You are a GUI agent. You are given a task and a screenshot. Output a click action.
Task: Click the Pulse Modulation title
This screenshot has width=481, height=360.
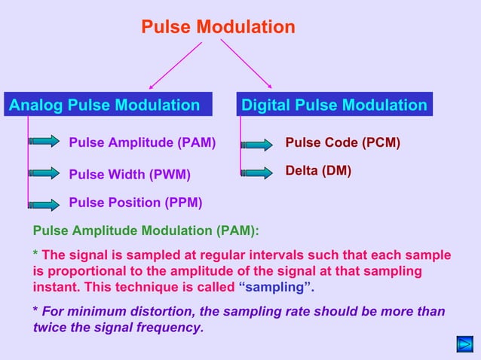[218, 28]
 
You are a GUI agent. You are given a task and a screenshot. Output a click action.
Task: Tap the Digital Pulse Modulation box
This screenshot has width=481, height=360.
[334, 105]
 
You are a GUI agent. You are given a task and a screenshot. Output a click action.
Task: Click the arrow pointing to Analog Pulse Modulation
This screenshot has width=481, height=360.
[175, 66]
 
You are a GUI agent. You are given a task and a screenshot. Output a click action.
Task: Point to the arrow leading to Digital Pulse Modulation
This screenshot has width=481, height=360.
[247, 64]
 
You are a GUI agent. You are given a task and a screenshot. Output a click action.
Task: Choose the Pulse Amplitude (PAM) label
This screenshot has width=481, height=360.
[142, 142]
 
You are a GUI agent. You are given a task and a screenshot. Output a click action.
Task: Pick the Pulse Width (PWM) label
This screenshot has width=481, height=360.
[130, 175]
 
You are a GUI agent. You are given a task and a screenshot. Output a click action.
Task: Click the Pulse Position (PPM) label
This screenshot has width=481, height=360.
[135, 203]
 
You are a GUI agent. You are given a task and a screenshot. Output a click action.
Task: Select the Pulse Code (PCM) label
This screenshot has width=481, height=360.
[342, 142]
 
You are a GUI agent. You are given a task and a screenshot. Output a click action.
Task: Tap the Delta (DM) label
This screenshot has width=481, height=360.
[318, 171]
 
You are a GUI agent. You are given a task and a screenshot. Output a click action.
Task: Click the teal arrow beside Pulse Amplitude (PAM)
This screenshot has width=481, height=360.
[45, 141]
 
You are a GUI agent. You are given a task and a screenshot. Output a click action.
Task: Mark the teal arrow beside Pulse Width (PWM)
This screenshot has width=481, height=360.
[45, 172]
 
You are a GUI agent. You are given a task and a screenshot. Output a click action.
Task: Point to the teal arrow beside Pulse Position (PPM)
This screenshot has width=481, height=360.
[45, 204]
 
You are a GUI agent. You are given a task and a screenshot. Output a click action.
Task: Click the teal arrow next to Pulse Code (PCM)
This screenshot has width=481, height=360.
[258, 142]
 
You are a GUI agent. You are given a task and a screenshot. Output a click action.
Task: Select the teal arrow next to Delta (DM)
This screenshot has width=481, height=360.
[258, 172]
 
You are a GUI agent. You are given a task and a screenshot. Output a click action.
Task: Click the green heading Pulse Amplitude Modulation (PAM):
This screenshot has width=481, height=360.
[146, 231]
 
